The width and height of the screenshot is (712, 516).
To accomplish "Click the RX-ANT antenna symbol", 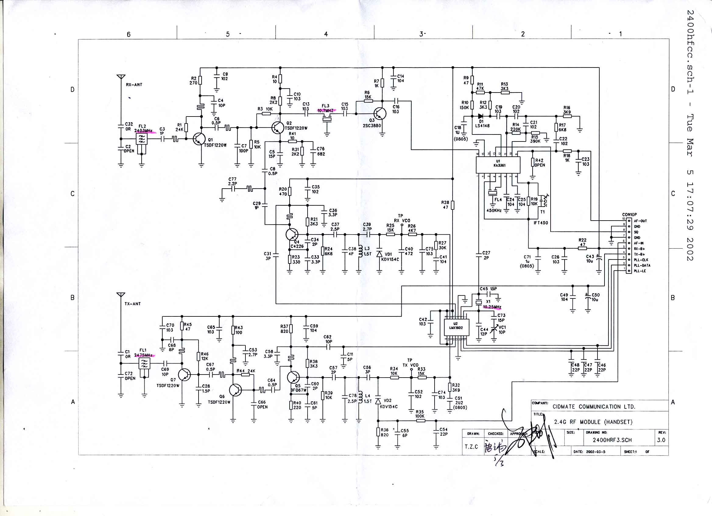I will click(x=121, y=77).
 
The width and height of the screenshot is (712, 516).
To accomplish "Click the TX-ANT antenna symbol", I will click(x=121, y=295).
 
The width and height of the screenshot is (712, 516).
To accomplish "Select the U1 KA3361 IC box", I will click(x=498, y=165).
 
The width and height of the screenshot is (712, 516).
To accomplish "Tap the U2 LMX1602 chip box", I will click(x=456, y=328).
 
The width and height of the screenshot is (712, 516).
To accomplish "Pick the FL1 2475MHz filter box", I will click(x=144, y=364).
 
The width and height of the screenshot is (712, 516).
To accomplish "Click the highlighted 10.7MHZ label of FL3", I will click(x=326, y=111).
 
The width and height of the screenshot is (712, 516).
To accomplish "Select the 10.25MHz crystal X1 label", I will click(x=492, y=307).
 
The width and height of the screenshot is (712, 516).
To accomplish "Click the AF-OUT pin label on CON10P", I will click(x=641, y=221).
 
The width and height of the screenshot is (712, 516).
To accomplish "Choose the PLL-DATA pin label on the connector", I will click(x=642, y=265).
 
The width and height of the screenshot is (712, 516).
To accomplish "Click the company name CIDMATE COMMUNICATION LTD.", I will click(x=594, y=407).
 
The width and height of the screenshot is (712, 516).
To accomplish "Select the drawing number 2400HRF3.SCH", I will click(x=612, y=440).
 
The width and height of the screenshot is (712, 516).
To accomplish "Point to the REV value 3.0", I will click(x=661, y=440).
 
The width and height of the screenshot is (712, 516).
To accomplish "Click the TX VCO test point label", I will click(x=411, y=365).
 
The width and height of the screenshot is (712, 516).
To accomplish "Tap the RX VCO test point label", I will click(x=402, y=221).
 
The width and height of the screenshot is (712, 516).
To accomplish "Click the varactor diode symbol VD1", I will click(x=379, y=254).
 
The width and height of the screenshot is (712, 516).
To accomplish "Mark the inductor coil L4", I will click(x=360, y=397).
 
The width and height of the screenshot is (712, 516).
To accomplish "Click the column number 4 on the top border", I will click(x=326, y=34).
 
